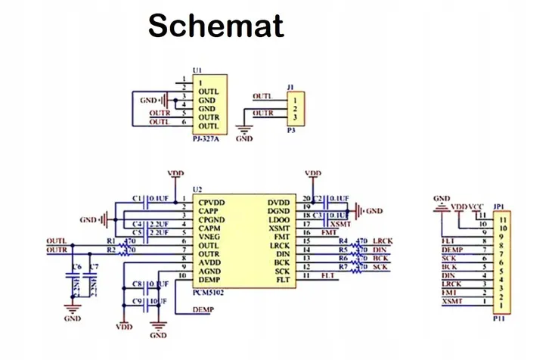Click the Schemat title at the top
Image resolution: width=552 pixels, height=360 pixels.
coord(216,26)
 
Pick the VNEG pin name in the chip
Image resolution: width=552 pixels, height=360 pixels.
coord(211,236)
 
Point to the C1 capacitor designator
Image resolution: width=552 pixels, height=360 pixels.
coord(138,198)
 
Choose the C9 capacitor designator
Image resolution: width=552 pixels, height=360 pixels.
coord(138,301)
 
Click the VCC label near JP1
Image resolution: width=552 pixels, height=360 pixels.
coord(476,206)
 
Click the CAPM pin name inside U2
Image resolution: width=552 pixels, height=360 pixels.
coord(211,228)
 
